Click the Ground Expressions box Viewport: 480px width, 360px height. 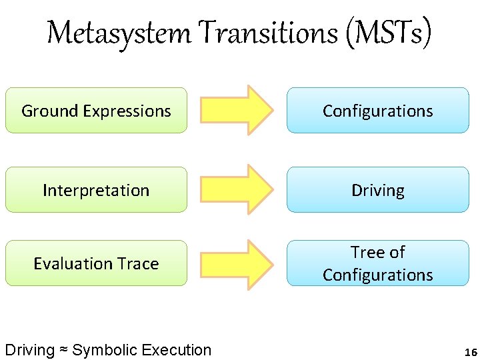pyautogui.click(x=96, y=111)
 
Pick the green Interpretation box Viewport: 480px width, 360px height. pyautogui.click(x=96, y=190)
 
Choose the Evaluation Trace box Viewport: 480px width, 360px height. pyautogui.click(x=96, y=263)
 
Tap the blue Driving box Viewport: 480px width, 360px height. pyautogui.click(x=377, y=190)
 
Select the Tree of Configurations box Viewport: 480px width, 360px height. pyautogui.click(x=377, y=263)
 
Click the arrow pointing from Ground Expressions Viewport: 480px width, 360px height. pyautogui.click(x=237, y=111)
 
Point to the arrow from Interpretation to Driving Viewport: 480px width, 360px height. pyautogui.click(x=237, y=190)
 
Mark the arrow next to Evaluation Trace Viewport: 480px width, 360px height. pyautogui.click(x=237, y=264)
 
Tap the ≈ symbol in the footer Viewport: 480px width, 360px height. pyautogui.click(x=63, y=350)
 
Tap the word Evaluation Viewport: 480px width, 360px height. pyautogui.click(x=71, y=263)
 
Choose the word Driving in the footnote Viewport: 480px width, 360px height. pyautogui.click(x=29, y=350)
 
